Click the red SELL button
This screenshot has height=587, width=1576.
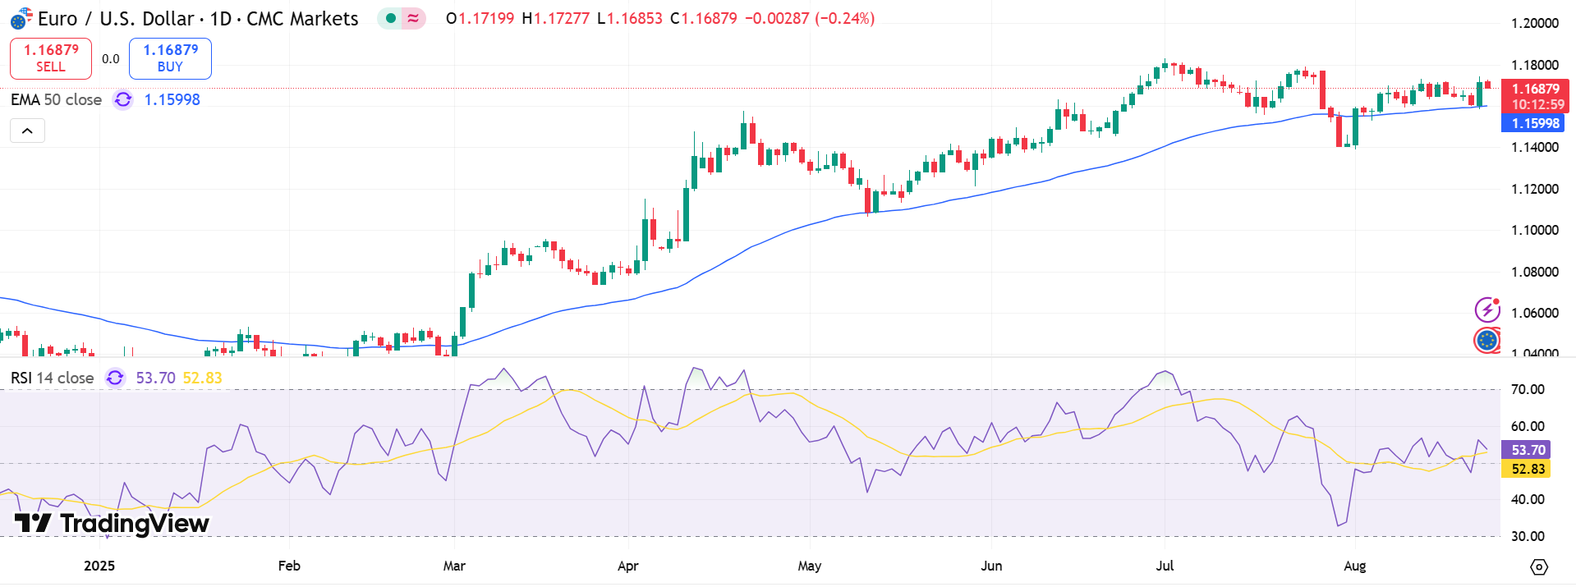tap(51, 58)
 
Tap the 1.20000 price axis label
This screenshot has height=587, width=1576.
tap(1534, 23)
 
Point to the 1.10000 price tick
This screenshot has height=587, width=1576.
tap(1534, 230)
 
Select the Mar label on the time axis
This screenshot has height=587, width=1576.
tap(454, 566)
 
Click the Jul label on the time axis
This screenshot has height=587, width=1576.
tap(1165, 566)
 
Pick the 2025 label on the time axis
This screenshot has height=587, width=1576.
tap(99, 566)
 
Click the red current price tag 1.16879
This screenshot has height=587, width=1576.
tap(1534, 89)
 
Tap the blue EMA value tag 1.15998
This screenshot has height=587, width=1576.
tap(1532, 123)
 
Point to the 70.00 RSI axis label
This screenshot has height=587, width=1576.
tap(1528, 389)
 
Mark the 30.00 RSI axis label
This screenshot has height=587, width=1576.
tap(1528, 536)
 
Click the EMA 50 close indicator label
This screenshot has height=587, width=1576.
tap(56, 99)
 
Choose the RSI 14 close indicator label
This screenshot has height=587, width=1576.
tap(52, 378)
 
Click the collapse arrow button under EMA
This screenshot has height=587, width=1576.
tap(27, 131)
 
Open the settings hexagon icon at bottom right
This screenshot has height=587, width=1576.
tap(1539, 566)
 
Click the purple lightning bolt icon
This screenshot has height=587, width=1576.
tap(1486, 310)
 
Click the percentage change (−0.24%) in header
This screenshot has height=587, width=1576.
tap(844, 18)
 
